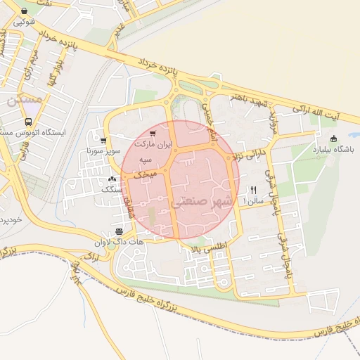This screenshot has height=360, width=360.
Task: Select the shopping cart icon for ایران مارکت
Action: (x=153, y=132)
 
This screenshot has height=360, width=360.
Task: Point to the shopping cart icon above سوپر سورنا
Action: (x=104, y=141)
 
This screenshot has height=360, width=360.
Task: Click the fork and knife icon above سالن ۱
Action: (x=252, y=190)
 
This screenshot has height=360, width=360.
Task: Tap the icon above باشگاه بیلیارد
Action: (x=333, y=138)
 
